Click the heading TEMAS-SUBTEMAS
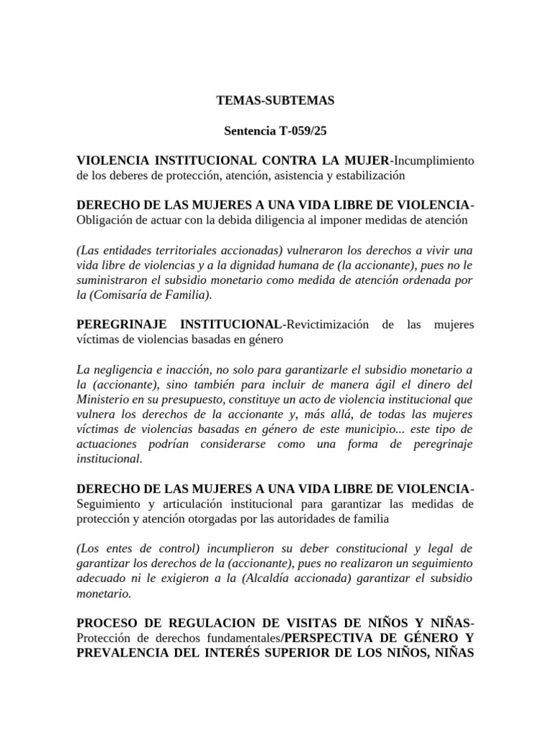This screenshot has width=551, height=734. point(275,101)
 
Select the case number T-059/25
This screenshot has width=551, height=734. point(302,131)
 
